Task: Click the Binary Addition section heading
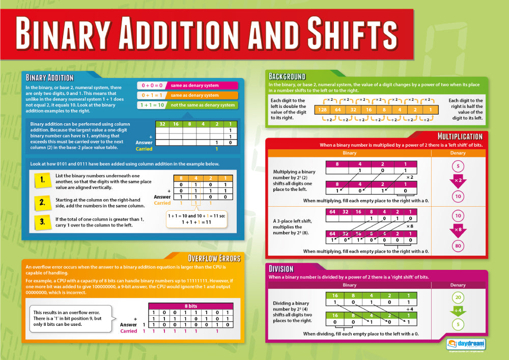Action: pos(50,78)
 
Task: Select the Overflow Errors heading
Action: pos(214,258)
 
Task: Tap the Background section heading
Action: pos(287,77)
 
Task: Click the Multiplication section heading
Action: pos(460,136)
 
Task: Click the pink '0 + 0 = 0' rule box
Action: pos(152,85)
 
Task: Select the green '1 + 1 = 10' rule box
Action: pos(152,105)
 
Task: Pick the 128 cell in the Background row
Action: pos(322,109)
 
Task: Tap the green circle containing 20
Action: pos(458,298)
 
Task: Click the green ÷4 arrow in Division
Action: pos(458,311)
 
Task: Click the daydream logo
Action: pos(466,344)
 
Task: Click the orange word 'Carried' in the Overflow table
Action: pos(128,331)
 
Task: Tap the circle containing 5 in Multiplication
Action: pos(458,167)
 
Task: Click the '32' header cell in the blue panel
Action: pos(162,124)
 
